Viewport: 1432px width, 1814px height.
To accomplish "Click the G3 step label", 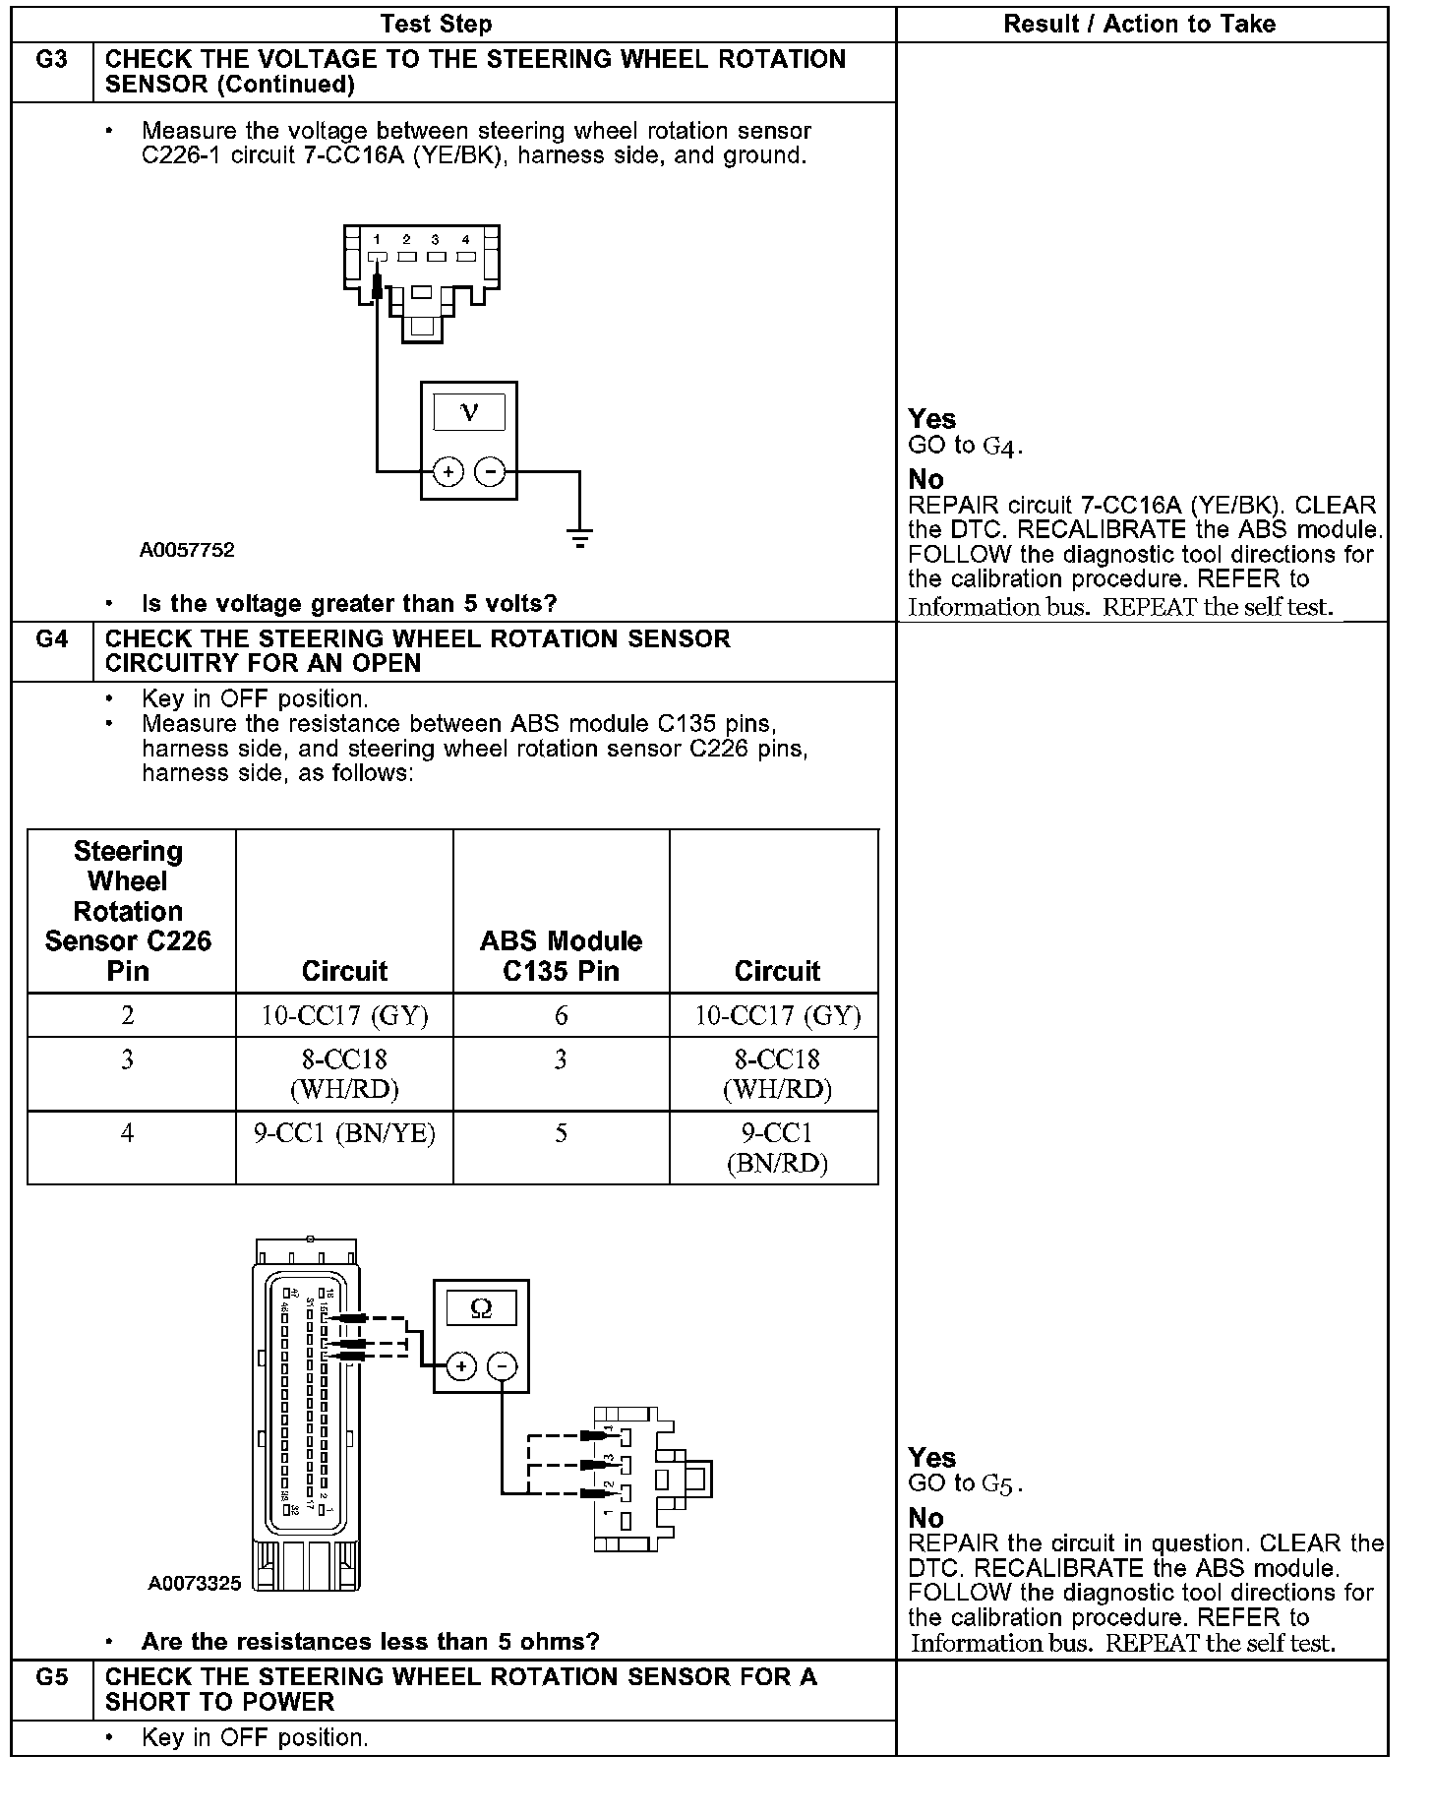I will (51, 61).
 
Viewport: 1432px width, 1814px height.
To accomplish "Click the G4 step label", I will (51, 640).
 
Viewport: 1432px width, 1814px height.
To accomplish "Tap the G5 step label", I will (51, 1678).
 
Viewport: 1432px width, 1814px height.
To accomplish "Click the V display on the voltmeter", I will (469, 412).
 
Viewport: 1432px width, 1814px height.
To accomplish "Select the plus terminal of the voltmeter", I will (448, 472).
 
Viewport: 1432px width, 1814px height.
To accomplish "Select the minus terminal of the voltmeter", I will (490, 472).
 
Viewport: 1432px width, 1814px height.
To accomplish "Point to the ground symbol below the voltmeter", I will (580, 538).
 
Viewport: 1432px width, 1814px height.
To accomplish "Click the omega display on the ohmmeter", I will (481, 1307).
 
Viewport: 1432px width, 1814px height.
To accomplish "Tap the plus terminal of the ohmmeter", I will (461, 1366).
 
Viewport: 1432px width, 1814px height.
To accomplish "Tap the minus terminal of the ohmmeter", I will (503, 1366).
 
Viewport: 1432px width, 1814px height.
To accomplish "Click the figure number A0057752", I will (187, 550).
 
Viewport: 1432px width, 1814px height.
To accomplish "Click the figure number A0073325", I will (195, 1584).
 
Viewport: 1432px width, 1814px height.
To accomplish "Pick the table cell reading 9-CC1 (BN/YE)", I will (344, 1134).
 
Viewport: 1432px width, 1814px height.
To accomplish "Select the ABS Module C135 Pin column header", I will (561, 955).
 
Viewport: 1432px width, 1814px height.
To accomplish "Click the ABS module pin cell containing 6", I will (561, 1015).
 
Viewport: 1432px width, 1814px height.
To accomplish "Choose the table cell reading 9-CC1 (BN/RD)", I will (776, 1148).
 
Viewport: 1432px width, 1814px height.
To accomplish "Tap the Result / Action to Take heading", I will (1139, 24).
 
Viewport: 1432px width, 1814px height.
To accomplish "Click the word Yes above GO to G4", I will (931, 419).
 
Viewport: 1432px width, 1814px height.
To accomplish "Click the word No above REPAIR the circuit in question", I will (925, 1518).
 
